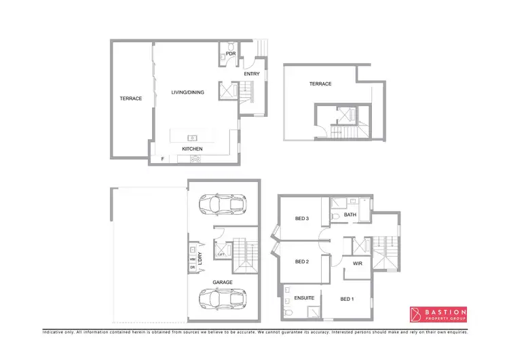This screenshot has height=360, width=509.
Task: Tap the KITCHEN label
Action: (192, 149)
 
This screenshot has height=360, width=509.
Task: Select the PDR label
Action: (231, 53)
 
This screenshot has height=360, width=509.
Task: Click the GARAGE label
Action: (223, 282)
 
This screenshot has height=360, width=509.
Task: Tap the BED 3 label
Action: (302, 218)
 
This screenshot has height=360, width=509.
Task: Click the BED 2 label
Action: (302, 262)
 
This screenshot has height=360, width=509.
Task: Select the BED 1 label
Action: (347, 300)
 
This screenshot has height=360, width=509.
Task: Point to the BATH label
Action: (350, 215)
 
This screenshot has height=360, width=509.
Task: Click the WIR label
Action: (358, 263)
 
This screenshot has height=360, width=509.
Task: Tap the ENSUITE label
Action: (303, 298)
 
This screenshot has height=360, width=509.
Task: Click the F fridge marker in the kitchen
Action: (163, 160)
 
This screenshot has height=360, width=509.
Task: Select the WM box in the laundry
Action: (193, 259)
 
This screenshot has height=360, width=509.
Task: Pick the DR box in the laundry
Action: (193, 268)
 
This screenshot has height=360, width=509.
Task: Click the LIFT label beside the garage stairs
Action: (221, 254)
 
